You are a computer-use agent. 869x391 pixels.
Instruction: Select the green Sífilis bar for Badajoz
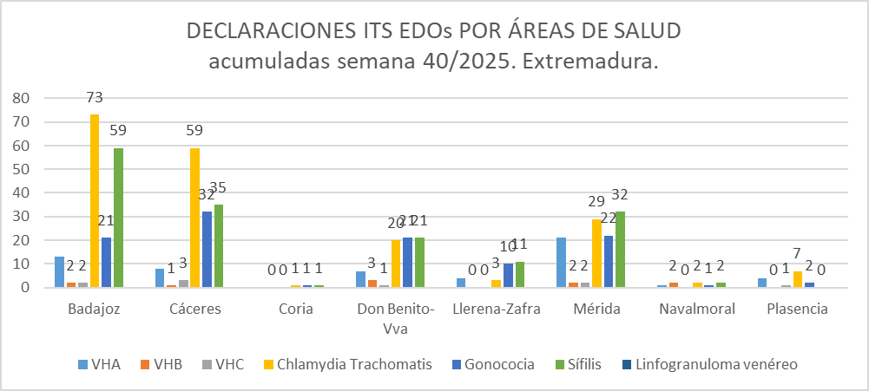point(118,218)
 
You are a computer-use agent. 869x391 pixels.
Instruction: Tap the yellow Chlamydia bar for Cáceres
point(194,218)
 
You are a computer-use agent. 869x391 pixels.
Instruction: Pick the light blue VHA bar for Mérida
point(562,262)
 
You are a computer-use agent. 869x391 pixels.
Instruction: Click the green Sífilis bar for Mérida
point(621,249)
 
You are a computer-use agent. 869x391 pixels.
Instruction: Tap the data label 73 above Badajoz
point(95,98)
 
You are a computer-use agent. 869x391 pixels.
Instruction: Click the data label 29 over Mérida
point(596,201)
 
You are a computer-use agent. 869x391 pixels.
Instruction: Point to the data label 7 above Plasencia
point(798,254)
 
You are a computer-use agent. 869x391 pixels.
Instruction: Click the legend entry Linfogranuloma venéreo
point(714,364)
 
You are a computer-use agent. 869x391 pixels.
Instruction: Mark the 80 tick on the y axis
point(22,98)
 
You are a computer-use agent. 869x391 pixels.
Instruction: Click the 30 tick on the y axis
point(22,217)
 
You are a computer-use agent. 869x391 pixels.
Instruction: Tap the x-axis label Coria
point(296,310)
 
